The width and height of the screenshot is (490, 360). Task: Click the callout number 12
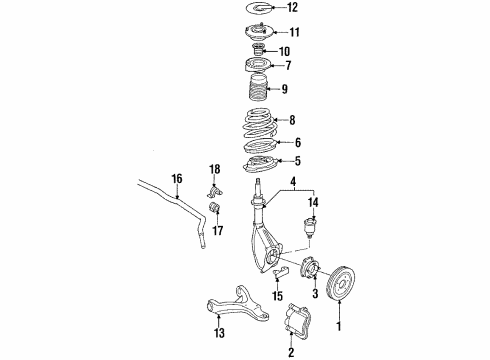tap(290, 8)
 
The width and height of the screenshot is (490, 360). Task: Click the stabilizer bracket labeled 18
tap(213, 189)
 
